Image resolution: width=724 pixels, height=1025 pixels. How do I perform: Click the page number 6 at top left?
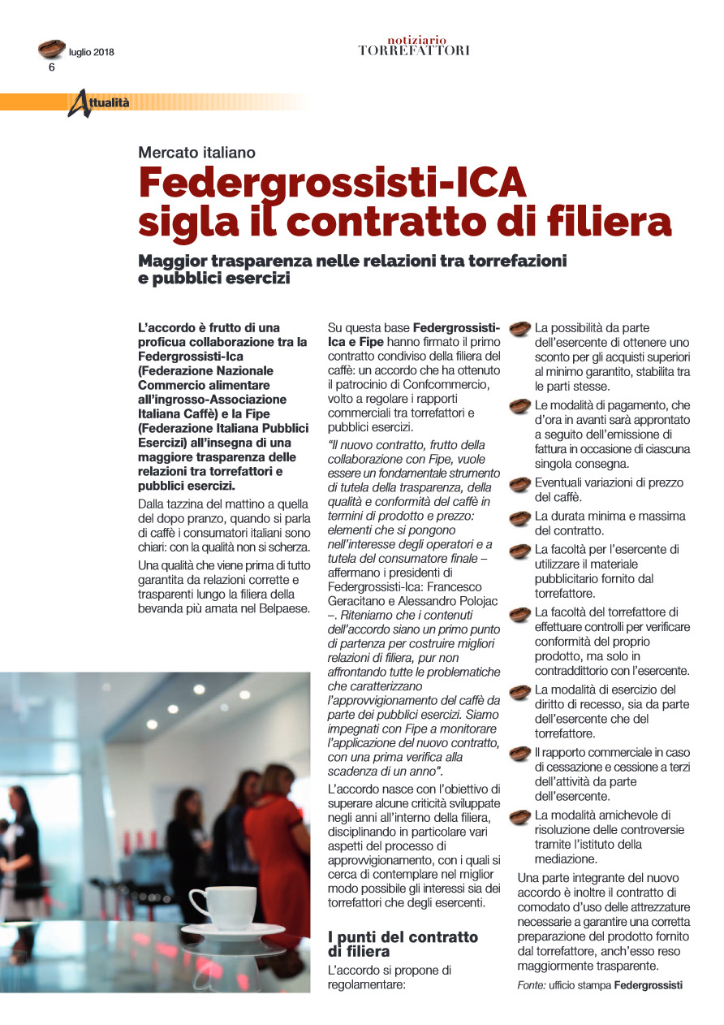click(52, 67)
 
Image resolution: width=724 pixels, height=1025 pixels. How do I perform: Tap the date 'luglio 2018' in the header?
click(92, 53)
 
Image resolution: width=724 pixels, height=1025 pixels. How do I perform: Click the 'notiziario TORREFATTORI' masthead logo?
click(414, 45)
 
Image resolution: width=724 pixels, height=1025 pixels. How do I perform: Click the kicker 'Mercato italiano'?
click(196, 152)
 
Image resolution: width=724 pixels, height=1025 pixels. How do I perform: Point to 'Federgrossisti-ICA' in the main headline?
click(333, 183)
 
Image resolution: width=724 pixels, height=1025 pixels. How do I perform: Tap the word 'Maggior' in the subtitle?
click(171, 262)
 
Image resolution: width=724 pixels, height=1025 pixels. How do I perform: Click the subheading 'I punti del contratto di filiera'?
click(403, 944)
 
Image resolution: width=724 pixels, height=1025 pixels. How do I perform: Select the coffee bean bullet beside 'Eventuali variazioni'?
click(519, 484)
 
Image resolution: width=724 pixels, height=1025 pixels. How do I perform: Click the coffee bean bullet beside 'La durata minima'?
click(519, 517)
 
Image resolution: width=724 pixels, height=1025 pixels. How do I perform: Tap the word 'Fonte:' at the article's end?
click(531, 985)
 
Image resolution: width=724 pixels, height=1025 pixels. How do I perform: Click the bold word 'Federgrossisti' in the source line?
click(648, 985)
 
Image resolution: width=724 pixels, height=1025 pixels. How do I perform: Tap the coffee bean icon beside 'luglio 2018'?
click(52, 49)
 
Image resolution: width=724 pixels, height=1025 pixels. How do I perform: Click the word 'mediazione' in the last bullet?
click(566, 858)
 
